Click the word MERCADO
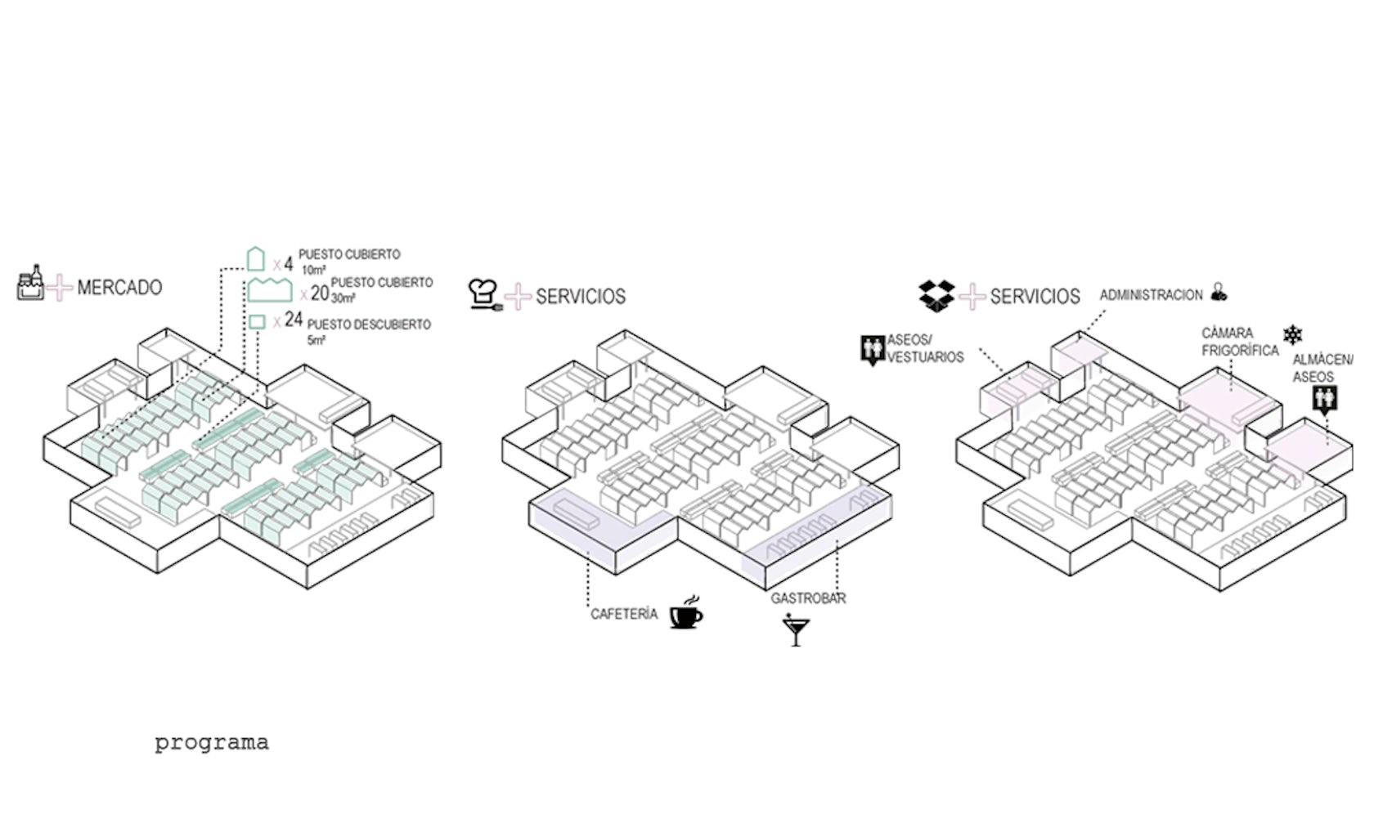[x=119, y=288]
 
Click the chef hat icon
[x=483, y=293]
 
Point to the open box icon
[x=936, y=294]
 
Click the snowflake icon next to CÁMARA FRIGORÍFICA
[x=1293, y=334]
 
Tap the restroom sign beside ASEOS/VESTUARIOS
[x=873, y=349]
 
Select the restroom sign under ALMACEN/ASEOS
[x=1324, y=400]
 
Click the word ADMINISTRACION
[x=1151, y=294]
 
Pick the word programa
[x=212, y=743]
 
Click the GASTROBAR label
[x=808, y=598]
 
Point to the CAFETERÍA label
[x=624, y=614]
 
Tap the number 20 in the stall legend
[x=320, y=293]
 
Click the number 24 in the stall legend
[x=294, y=320]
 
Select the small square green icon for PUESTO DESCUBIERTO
[x=257, y=321]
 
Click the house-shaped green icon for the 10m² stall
[x=256, y=259]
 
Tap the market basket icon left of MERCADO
[x=30, y=284]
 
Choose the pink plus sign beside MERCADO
[x=59, y=288]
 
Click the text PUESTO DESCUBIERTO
[x=369, y=325]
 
